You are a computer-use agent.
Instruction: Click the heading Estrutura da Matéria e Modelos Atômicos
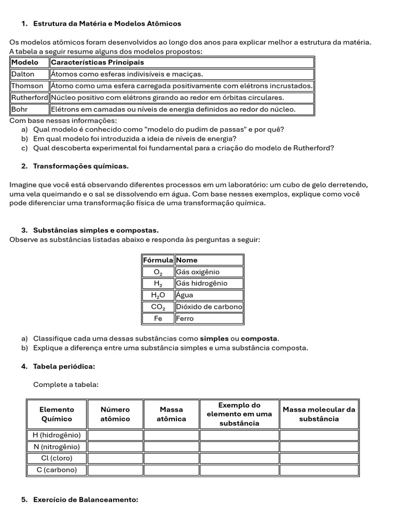[107, 24]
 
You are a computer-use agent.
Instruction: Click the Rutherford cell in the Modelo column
[30, 97]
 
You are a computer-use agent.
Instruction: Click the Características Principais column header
[97, 62]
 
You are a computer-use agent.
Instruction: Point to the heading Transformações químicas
[81, 166]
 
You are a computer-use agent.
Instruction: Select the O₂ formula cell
[158, 272]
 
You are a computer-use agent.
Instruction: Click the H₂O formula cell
[158, 295]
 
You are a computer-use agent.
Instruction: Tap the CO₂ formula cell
[158, 307]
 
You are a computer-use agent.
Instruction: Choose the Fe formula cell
[158, 319]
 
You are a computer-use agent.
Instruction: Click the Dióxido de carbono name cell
[209, 307]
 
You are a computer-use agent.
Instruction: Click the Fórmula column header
[158, 260]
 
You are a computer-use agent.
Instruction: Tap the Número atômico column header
[115, 414]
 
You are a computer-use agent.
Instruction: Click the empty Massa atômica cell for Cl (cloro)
[171, 458]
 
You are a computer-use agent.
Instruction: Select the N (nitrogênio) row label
[57, 447]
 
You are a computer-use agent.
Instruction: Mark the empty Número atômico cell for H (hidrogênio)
[115, 435]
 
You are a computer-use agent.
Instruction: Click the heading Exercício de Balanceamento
[86, 500]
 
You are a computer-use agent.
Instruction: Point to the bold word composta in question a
[259, 339]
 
